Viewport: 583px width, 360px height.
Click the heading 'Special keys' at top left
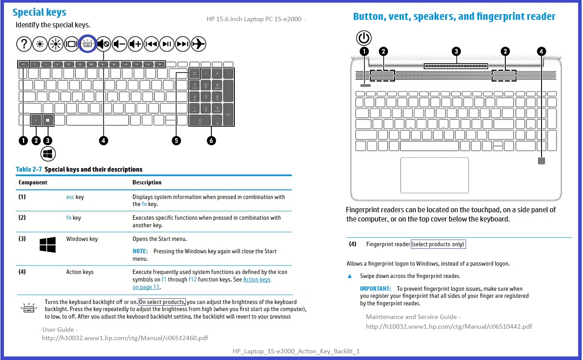point(39,12)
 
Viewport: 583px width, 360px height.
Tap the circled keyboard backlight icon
point(87,44)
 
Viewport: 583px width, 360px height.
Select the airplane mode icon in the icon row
point(199,44)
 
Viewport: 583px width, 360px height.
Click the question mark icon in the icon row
point(24,44)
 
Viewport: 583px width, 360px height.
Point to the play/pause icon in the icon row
point(167,44)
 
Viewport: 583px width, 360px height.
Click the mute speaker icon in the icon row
point(103,44)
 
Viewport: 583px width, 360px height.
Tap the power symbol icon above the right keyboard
point(364,38)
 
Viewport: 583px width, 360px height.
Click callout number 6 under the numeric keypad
point(211,141)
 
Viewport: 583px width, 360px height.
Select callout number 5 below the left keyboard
point(177,141)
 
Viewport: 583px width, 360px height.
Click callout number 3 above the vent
point(456,52)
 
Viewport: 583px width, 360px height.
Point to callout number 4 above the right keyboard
point(542,52)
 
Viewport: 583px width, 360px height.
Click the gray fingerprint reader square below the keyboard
point(542,161)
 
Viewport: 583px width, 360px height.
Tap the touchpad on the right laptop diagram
point(434,175)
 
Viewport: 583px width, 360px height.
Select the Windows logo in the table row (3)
point(48,245)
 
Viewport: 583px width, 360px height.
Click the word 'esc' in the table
point(70,197)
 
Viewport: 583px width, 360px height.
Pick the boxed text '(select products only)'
point(438,244)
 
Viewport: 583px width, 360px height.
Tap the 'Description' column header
point(147,183)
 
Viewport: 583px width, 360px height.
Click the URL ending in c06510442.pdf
point(449,326)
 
